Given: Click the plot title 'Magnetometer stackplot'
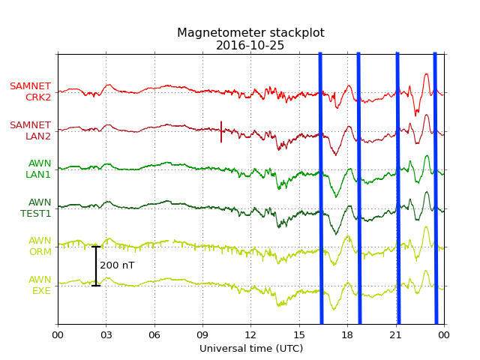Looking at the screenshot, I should [250, 33].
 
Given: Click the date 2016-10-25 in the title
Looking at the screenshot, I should [250, 46].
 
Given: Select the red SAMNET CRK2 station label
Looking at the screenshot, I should [31, 91].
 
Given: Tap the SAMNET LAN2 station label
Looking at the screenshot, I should [31, 130].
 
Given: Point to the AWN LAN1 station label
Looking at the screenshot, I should [39, 169].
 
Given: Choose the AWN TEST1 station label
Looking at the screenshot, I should [36, 208].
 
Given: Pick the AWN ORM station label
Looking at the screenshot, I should [40, 246].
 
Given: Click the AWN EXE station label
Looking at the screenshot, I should [40, 285].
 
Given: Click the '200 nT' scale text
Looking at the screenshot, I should [117, 265].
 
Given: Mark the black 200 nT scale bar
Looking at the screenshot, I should [96, 265].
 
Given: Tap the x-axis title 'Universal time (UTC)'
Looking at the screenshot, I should [250, 349].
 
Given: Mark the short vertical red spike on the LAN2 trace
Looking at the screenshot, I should [221, 131].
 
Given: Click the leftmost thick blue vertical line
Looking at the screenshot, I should [321, 187].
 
